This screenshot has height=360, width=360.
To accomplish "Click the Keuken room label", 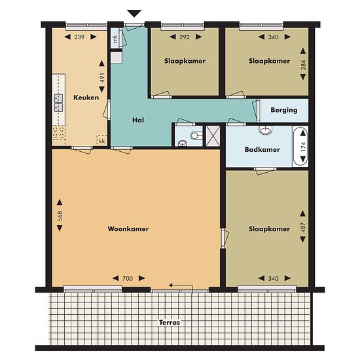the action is [x=86, y=98].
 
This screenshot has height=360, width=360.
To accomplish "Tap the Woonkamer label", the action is [x=128, y=229].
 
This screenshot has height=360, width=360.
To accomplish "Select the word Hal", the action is [x=138, y=120].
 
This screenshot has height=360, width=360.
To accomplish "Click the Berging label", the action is [x=284, y=110].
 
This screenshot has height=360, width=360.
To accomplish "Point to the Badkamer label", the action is [x=262, y=150].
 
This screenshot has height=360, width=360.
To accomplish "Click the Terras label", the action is [x=170, y=323].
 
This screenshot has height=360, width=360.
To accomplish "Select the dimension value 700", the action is [x=128, y=278].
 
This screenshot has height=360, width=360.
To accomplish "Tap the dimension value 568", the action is [x=60, y=216].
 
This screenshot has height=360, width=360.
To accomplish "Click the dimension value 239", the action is [x=79, y=37].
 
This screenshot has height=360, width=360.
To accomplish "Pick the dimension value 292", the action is [x=185, y=37].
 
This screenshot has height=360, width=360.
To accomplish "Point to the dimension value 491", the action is [x=102, y=78].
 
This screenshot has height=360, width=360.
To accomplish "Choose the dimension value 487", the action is [x=303, y=227].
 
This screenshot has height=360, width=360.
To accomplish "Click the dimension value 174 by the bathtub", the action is [x=303, y=147].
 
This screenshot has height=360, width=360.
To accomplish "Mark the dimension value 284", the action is [x=303, y=65].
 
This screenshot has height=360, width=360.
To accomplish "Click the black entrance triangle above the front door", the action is [x=134, y=13].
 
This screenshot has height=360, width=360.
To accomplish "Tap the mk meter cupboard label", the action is [x=115, y=39].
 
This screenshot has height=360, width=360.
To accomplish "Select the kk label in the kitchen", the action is [x=102, y=141].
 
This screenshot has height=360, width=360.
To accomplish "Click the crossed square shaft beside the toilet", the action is [x=213, y=136].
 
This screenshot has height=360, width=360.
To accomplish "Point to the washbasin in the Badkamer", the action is [x=266, y=130].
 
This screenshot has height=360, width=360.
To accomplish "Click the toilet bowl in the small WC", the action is [x=196, y=135].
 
